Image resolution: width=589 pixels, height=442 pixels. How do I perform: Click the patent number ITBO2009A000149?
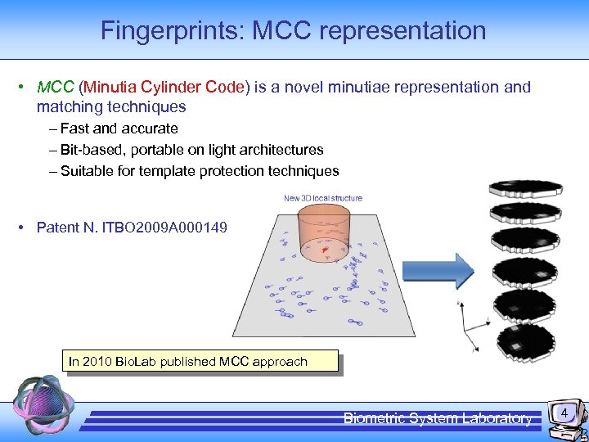(x=164, y=227)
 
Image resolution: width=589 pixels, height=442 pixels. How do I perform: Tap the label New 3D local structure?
(x=322, y=198)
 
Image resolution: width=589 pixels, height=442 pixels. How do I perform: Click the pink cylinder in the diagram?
(x=326, y=232)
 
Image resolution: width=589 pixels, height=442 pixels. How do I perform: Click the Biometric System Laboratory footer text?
(x=437, y=418)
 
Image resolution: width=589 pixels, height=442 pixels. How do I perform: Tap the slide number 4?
(x=564, y=415)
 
